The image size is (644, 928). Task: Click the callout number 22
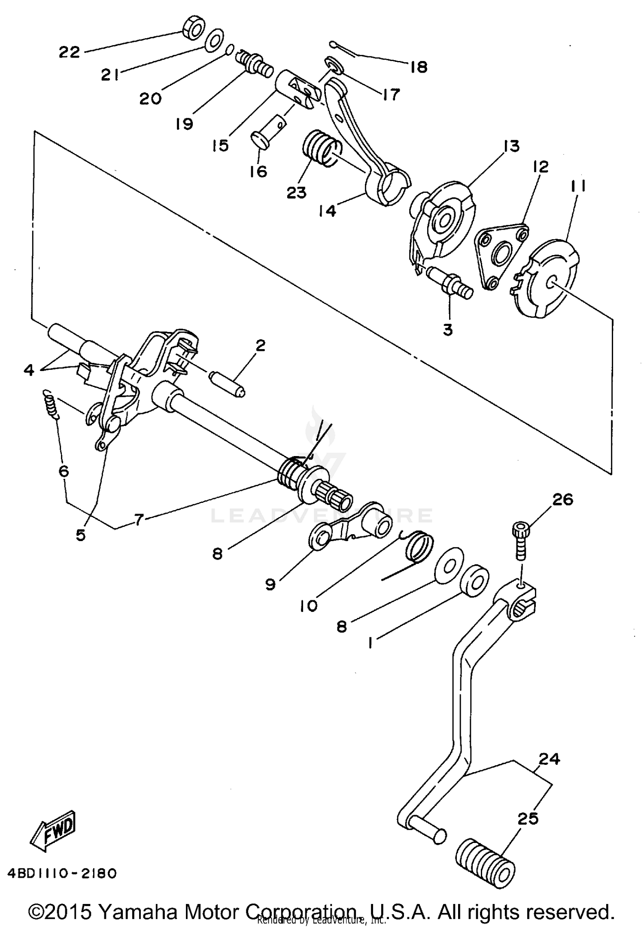point(70,52)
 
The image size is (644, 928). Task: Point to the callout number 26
point(562,499)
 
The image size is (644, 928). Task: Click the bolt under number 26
point(520,542)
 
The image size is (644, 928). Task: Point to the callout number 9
point(270,584)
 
